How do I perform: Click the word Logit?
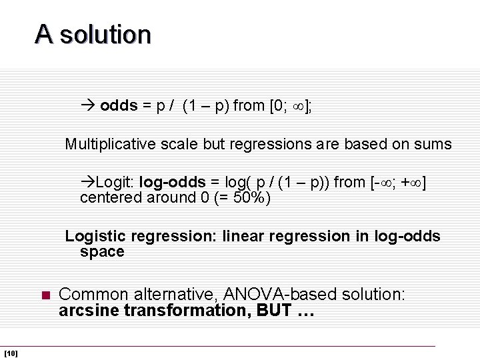pos(115,182)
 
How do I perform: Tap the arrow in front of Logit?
pos(87,182)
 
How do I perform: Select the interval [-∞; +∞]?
pos(398,182)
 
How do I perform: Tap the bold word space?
pos(102,251)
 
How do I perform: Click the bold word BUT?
pos(273,310)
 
